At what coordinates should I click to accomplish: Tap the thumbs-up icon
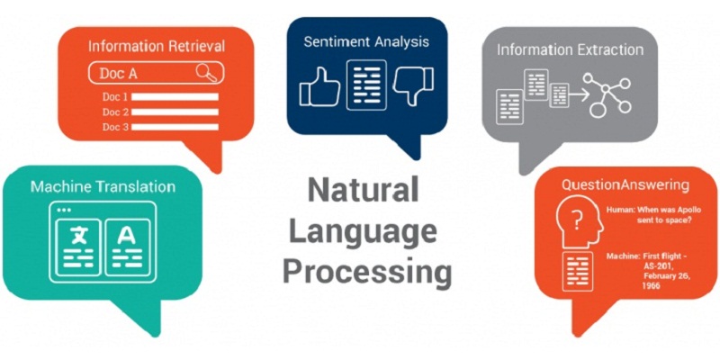[x=319, y=86]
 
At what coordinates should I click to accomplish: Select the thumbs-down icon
[x=414, y=86]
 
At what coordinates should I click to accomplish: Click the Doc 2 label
[x=115, y=112]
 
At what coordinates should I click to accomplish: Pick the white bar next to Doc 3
[x=175, y=127]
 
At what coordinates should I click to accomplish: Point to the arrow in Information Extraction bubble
[x=577, y=96]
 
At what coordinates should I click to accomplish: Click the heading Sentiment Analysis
[x=366, y=41]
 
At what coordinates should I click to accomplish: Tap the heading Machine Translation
[x=103, y=187]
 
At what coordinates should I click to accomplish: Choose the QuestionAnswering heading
[x=625, y=185]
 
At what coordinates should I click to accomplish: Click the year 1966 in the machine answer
[x=652, y=285]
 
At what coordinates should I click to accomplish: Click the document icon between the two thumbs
[x=366, y=85]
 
